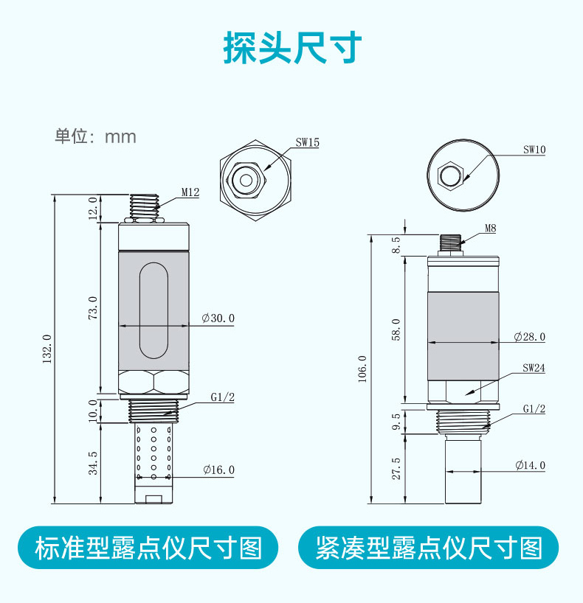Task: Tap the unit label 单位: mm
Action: (95, 136)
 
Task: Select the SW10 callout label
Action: (534, 149)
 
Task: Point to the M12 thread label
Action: (190, 192)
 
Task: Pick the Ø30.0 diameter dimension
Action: (218, 318)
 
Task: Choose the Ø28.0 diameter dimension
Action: (530, 337)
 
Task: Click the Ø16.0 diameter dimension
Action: (218, 470)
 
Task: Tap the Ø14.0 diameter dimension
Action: (530, 465)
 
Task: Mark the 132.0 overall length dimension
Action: (47, 349)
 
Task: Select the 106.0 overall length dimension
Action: (362, 368)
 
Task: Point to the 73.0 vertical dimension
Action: (93, 307)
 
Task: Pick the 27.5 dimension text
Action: (396, 469)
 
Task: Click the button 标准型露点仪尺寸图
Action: (148, 548)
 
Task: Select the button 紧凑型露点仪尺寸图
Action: (429, 548)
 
